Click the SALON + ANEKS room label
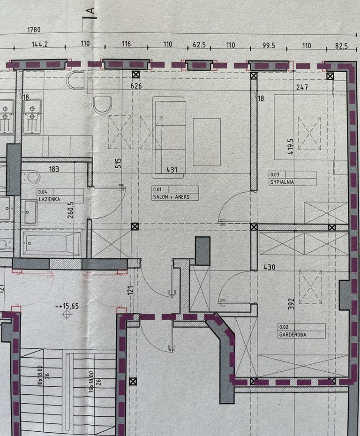click(171, 197)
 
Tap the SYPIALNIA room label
click(282, 182)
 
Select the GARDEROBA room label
click(292, 335)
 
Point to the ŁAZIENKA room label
click(49, 199)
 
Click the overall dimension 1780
click(34, 30)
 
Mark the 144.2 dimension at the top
click(40, 44)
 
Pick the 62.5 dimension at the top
click(199, 45)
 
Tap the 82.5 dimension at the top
click(341, 46)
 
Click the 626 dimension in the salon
click(136, 86)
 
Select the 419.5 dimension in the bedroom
click(290, 147)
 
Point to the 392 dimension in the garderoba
click(291, 304)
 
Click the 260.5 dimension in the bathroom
click(71, 210)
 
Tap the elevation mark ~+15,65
click(67, 306)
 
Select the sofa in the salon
click(169, 137)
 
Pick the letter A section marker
click(90, 11)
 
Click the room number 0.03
click(275, 174)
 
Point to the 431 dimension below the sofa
click(172, 169)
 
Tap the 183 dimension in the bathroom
click(54, 169)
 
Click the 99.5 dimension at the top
click(269, 45)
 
